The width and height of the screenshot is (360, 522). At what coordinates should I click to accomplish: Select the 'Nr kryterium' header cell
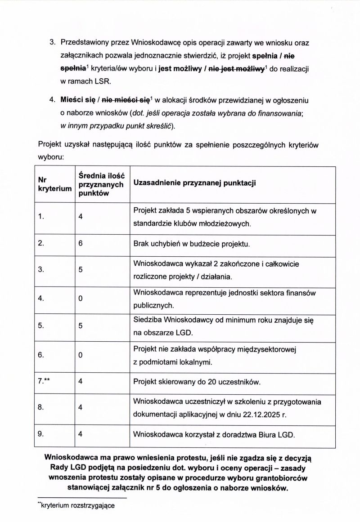point(55,184)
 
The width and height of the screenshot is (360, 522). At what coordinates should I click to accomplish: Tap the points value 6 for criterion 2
point(81,244)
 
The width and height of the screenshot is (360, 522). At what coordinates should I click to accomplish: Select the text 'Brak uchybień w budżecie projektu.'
point(191,245)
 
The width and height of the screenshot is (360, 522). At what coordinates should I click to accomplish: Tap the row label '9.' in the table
point(41,434)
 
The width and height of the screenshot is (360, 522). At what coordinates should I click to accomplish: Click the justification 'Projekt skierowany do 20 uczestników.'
point(198,382)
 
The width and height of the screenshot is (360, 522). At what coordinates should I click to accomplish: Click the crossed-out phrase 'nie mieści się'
point(131,99)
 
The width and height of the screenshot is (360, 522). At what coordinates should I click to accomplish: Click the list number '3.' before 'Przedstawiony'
point(52,42)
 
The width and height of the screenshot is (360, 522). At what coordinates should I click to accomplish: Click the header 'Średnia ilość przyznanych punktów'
point(101,184)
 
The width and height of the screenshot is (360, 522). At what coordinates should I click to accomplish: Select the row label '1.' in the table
point(41,216)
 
